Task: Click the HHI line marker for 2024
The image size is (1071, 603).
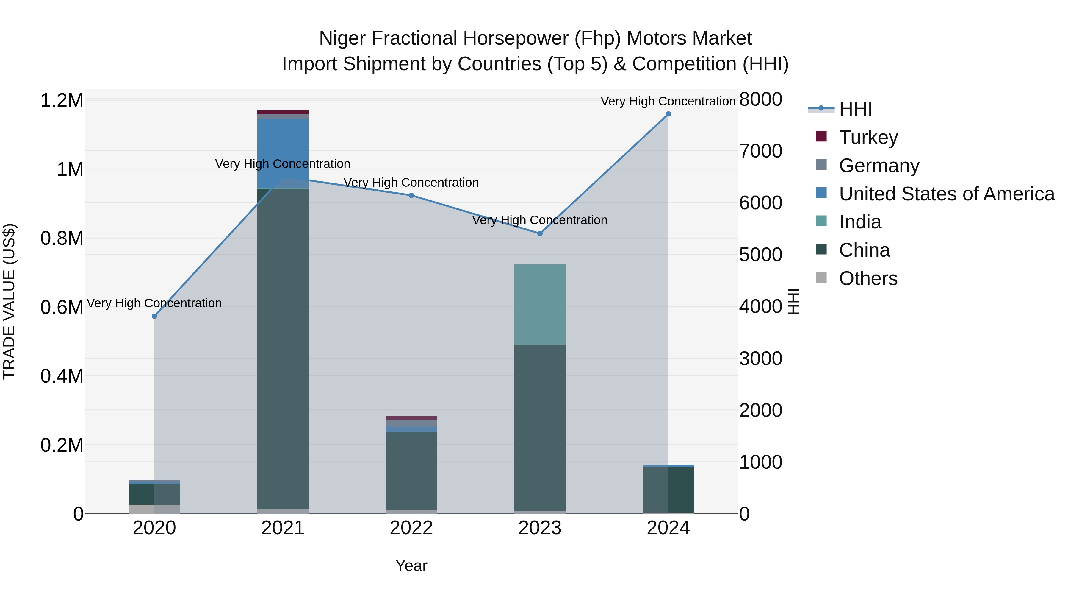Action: coord(668,114)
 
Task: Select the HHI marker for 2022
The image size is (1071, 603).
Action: coord(411,195)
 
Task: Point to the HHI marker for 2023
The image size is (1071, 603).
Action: coord(540,233)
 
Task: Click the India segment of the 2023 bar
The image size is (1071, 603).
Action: coord(540,304)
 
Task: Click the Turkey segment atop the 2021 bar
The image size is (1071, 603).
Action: coord(283,112)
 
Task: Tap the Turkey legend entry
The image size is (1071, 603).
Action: coord(868,137)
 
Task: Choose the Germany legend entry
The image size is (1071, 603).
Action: coord(879,166)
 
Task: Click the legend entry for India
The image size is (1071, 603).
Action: coord(860,222)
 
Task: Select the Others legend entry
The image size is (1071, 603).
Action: coord(868,279)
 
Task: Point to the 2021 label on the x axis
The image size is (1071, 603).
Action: coord(283,528)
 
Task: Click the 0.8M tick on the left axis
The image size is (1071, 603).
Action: coord(62,239)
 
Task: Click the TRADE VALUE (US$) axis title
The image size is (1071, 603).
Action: coord(9,301)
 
